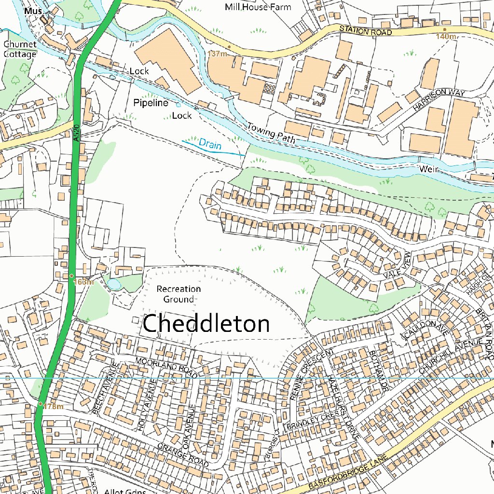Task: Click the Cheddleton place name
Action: pos(206,324)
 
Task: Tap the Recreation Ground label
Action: pos(178,294)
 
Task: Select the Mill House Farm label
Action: pos(258,7)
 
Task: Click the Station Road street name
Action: pos(365,31)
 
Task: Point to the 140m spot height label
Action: pos(446,37)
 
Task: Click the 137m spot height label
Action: pos(218,54)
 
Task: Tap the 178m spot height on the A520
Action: pos(53,407)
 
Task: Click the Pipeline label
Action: pos(151,103)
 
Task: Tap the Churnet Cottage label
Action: pos(20,49)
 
